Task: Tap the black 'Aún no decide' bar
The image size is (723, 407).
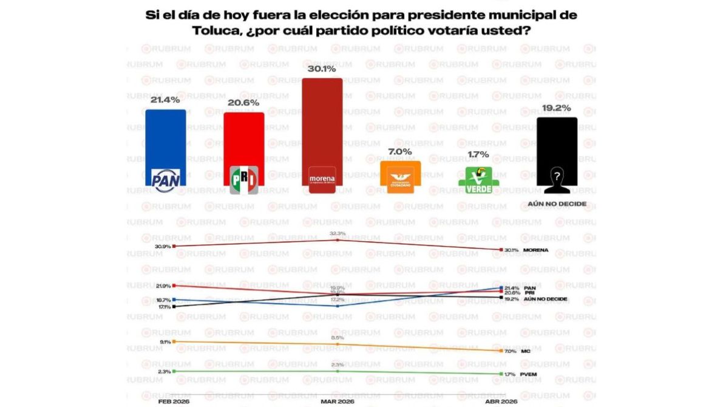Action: (556, 146)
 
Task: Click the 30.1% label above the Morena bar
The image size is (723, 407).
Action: (322, 69)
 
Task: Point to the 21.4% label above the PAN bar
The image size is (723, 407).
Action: (165, 100)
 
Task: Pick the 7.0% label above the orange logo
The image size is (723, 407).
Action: (400, 151)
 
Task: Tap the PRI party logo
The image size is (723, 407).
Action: (244, 180)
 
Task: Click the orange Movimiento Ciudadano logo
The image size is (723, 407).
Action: (400, 178)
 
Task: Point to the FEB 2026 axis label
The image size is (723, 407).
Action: (164, 402)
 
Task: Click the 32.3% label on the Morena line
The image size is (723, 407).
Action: (338, 233)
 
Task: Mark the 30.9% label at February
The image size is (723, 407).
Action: (163, 246)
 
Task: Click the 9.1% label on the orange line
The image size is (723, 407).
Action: (165, 342)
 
